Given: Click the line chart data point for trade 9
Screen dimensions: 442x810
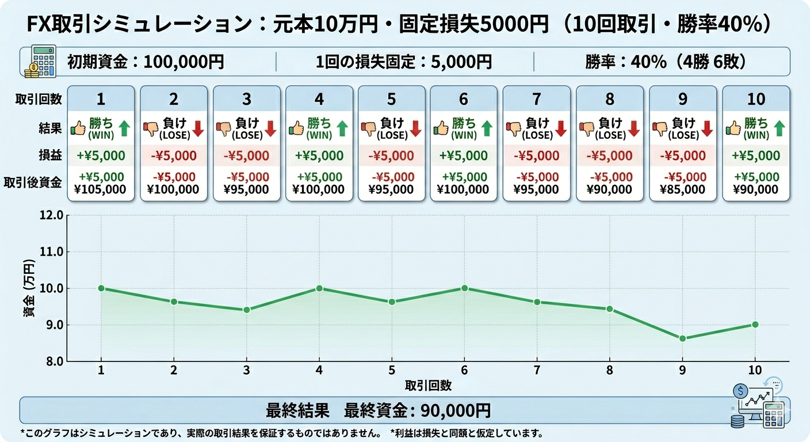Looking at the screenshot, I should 682,338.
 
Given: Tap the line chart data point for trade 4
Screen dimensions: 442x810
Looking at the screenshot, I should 319,288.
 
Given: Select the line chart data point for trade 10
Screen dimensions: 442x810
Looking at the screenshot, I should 755,325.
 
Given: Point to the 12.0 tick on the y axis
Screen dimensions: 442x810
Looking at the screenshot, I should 52,215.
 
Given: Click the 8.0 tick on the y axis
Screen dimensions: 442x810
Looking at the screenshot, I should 52,361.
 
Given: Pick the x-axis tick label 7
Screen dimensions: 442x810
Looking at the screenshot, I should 537,369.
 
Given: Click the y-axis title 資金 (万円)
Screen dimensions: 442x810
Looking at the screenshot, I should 29,288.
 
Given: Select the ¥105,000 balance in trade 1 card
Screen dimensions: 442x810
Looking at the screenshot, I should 101,189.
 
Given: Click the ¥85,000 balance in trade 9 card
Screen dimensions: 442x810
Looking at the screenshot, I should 683,189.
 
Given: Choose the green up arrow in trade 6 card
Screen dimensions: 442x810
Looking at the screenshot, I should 487,128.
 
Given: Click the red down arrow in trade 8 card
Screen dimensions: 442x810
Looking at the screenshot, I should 634,128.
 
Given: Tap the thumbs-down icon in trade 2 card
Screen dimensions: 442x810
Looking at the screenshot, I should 151,128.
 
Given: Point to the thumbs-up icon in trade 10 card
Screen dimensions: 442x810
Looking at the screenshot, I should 733,128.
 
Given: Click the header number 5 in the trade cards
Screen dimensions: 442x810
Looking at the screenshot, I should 391,99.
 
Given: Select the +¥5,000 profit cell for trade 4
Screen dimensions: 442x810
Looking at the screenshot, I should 319,155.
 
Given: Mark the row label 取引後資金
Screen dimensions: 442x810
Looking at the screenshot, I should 39,182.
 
